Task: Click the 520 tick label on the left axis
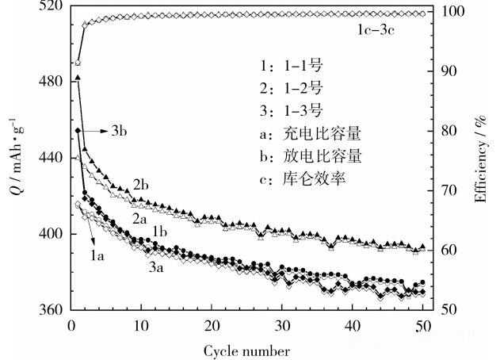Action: pyautogui.click(x=50, y=7)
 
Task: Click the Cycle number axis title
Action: pyautogui.click(x=246, y=349)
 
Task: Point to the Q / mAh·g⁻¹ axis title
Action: pyautogui.click(x=13, y=159)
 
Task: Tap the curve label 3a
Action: pyautogui.click(x=156, y=269)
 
